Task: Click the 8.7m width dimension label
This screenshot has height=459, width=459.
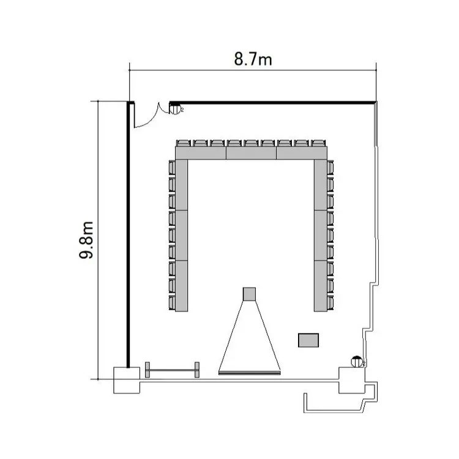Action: click(253, 59)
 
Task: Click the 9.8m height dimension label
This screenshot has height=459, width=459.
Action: click(87, 240)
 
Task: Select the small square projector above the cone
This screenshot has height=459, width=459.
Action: click(250, 294)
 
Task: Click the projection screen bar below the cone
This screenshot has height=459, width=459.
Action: click(250, 373)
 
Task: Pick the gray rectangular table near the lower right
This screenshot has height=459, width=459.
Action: click(308, 340)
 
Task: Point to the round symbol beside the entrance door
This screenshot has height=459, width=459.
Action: click(175, 109)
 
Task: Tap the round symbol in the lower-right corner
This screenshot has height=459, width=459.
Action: click(357, 362)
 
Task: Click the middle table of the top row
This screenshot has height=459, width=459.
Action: click(251, 153)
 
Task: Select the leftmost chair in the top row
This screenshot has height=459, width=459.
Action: click(184, 143)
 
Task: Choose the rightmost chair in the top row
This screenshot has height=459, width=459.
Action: click(319, 143)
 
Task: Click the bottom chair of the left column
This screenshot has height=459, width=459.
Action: click(172, 302)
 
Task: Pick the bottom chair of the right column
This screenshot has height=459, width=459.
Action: click(330, 302)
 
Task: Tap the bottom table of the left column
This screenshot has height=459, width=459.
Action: click(182, 286)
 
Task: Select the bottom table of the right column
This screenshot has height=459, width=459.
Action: click(321, 286)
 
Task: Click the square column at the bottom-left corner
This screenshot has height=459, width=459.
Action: click(127, 380)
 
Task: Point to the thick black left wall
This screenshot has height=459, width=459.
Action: click(128, 234)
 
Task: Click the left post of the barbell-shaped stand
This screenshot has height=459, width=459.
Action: click(147, 370)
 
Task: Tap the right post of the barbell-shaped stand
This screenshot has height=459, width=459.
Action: click(197, 370)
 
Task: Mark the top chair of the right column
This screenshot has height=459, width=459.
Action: click(330, 167)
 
